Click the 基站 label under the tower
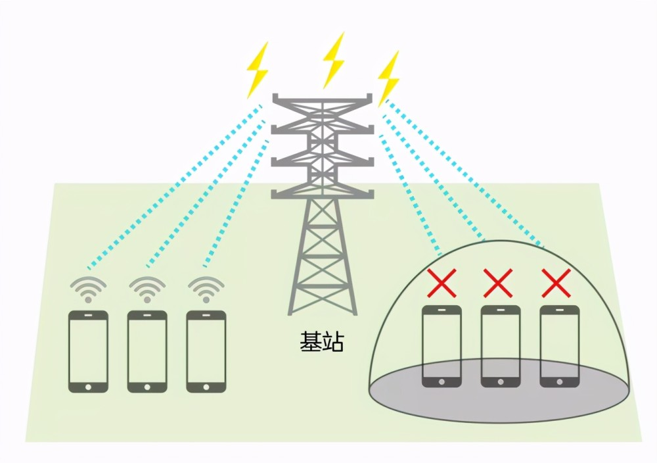(x=321, y=341)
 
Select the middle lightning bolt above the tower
(x=333, y=59)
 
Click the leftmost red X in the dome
(x=442, y=283)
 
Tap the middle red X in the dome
(x=499, y=283)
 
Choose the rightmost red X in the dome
(x=557, y=283)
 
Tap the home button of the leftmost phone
(x=88, y=387)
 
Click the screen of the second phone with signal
(x=147, y=349)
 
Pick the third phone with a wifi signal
(x=206, y=351)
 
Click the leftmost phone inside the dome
(x=442, y=346)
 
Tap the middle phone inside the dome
(x=500, y=346)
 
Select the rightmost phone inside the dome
(x=559, y=346)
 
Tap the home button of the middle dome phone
(x=500, y=381)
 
